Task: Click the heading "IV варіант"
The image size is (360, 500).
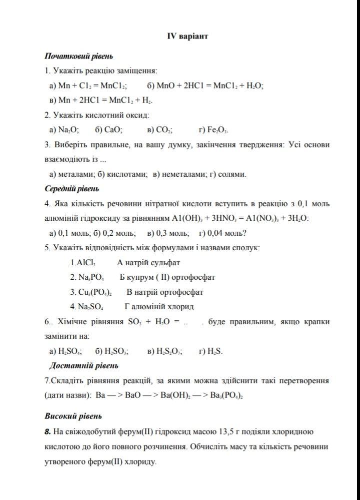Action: click(187, 36)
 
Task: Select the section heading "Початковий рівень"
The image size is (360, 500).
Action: click(78, 56)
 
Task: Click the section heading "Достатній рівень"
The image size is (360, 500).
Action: click(83, 366)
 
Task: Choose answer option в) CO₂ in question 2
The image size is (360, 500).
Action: click(160, 130)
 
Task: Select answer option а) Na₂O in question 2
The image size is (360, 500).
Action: click(64, 130)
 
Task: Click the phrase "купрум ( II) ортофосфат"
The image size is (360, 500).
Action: click(172, 277)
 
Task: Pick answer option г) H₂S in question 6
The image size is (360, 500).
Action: click(211, 351)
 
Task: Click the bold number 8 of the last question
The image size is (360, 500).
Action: click(47, 431)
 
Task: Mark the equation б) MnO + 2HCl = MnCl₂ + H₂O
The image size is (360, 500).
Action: click(205, 85)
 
